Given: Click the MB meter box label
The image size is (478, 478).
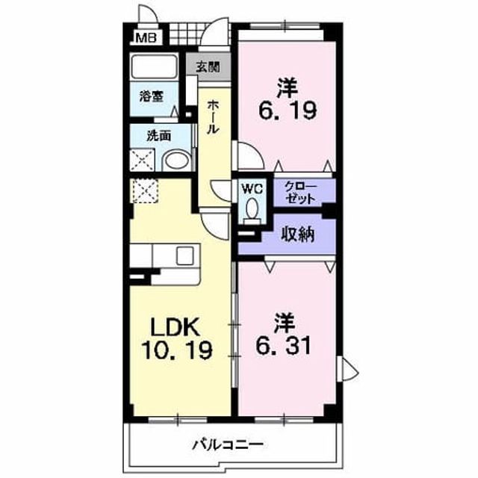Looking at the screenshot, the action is (146, 38).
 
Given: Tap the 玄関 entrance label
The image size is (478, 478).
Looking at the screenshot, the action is (208, 66).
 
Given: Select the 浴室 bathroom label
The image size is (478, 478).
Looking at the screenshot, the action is (152, 96).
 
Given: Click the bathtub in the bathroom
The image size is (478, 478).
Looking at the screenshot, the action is (154, 66).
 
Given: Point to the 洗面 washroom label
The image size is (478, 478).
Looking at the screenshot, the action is (158, 136).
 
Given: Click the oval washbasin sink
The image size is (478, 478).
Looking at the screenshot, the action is (176, 160).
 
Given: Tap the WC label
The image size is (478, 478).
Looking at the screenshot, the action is (252, 189).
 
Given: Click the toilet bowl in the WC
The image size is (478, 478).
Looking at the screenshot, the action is (252, 208).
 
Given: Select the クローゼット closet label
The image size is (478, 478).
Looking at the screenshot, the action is (300, 192).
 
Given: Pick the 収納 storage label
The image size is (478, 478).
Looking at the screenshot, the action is (297, 235).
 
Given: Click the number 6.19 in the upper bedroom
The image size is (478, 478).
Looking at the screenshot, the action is (288, 110).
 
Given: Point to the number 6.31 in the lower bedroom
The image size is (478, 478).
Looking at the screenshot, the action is (284, 345).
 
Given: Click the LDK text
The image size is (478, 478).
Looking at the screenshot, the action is (176, 327).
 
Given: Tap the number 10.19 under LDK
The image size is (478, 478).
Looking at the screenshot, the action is (176, 350).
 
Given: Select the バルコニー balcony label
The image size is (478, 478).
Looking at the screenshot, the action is (227, 445).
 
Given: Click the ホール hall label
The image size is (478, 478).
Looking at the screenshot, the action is (213, 117).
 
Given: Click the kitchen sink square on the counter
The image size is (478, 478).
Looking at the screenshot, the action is (185, 255).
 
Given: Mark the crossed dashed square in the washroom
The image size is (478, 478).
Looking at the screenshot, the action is (143, 160).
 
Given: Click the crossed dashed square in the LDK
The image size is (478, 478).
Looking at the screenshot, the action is (146, 191).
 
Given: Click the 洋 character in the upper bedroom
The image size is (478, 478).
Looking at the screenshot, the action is (288, 87).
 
